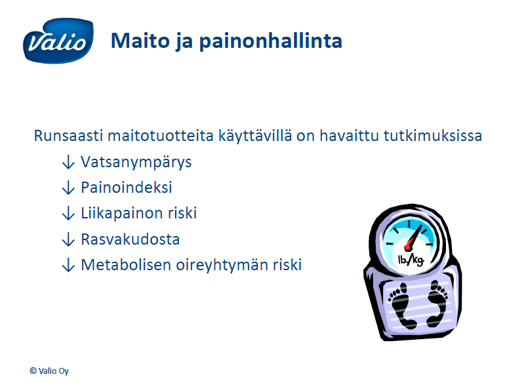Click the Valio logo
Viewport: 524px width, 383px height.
click(x=58, y=41)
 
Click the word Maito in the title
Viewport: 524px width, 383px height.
click(x=140, y=41)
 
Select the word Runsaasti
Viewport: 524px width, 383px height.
click(x=68, y=136)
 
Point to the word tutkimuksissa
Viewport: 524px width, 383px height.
click(x=433, y=136)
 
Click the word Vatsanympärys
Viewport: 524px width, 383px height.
click(x=136, y=163)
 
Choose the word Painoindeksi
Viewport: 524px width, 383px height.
click(x=127, y=188)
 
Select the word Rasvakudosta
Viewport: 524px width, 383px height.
click(x=131, y=239)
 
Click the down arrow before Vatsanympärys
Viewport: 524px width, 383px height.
click(x=68, y=162)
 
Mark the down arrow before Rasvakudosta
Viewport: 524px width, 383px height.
click(x=68, y=239)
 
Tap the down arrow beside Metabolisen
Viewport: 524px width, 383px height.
click(x=68, y=265)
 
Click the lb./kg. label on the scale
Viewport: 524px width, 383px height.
click(x=411, y=260)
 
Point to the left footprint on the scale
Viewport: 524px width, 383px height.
click(x=401, y=305)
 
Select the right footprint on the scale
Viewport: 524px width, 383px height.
click(x=436, y=304)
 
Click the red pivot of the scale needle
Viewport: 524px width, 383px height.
click(x=408, y=247)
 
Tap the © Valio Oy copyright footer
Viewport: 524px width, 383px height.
click(x=49, y=371)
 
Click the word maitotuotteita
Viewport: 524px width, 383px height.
click(x=161, y=136)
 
